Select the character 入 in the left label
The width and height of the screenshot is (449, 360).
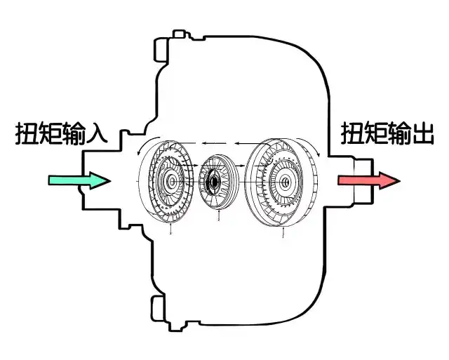95,133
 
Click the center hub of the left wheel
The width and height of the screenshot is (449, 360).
170,183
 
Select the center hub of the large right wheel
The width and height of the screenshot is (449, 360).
284,185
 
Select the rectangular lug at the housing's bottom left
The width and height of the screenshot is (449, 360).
156,307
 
